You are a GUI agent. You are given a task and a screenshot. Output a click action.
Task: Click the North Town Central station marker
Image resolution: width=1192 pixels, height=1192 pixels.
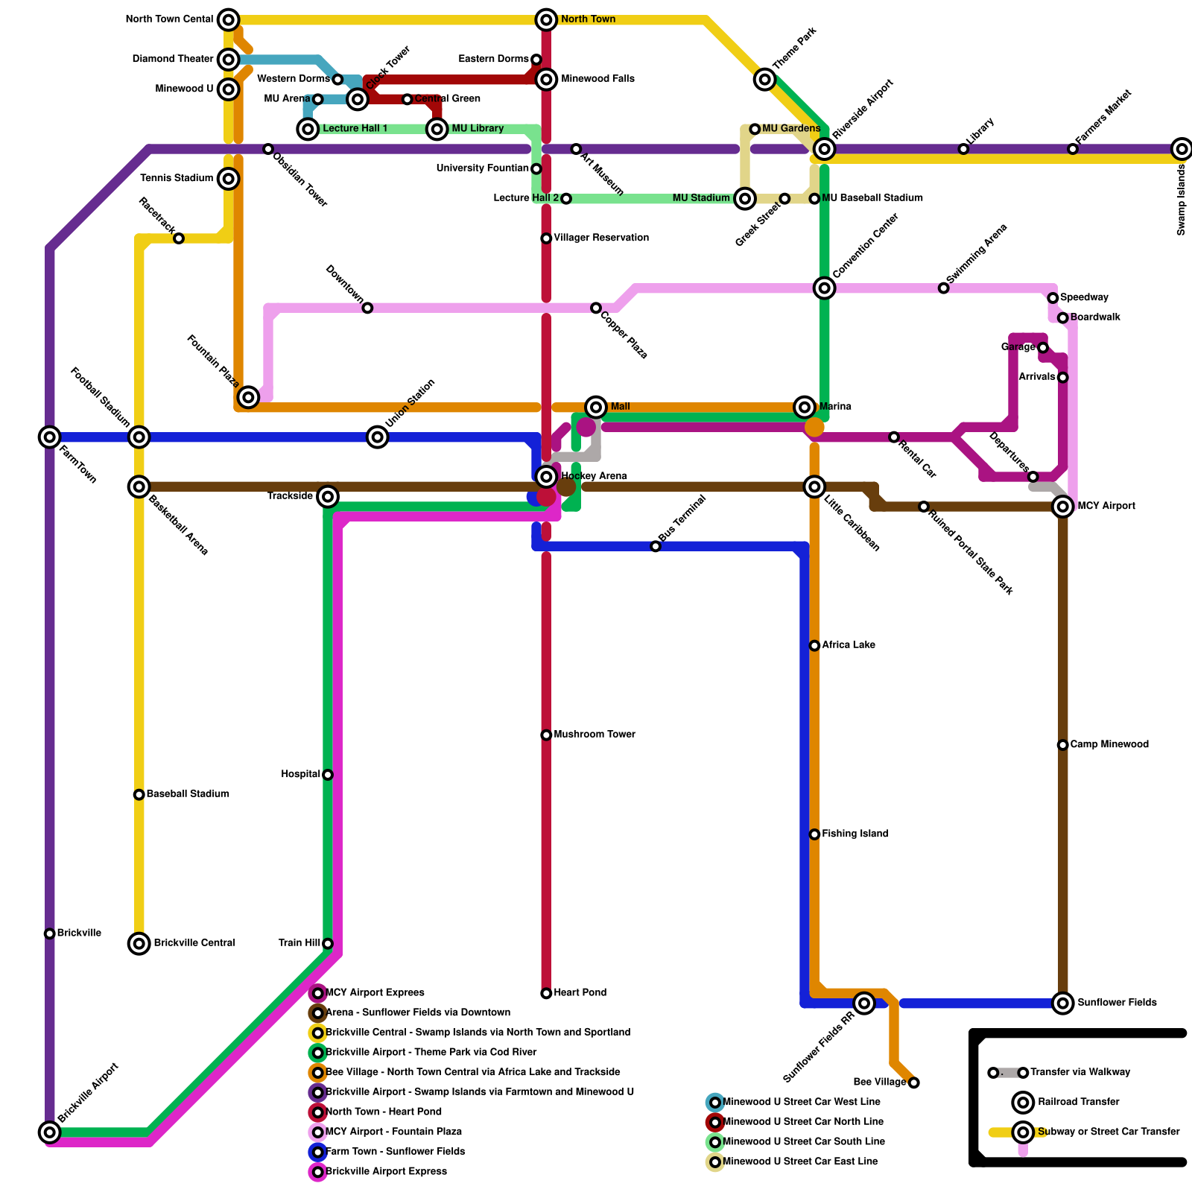[229, 19]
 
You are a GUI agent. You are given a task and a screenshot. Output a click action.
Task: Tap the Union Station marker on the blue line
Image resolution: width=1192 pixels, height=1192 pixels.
[378, 437]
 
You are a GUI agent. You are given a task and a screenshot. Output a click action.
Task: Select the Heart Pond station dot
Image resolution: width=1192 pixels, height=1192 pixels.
[546, 993]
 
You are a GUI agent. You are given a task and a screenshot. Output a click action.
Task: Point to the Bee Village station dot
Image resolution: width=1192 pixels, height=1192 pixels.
[913, 1082]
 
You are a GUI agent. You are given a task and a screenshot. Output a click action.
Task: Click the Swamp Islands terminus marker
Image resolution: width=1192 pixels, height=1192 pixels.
[1181, 149]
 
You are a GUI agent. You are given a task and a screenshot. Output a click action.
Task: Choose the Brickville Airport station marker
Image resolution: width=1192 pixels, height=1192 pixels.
[49, 1132]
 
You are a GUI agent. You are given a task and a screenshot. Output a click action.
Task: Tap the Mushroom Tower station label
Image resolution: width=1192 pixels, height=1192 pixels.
[594, 735]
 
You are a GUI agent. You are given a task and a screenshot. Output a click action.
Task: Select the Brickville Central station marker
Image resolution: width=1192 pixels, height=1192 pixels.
[139, 943]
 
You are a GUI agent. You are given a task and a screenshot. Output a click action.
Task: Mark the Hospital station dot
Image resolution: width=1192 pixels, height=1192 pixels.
[328, 775]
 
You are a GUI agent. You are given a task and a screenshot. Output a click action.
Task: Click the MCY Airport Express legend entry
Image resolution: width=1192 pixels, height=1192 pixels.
[375, 993]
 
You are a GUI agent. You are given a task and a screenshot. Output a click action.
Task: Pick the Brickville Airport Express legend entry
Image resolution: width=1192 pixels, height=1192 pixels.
[386, 1172]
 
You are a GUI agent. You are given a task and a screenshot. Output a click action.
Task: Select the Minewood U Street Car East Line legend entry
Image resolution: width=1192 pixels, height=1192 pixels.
[800, 1161]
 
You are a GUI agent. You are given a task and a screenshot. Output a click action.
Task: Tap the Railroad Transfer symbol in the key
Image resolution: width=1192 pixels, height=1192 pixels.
[1023, 1102]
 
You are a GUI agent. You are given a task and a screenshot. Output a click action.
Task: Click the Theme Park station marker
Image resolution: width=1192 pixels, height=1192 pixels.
[764, 79]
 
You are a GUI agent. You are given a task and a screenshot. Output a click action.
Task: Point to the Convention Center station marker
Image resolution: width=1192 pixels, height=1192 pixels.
[824, 288]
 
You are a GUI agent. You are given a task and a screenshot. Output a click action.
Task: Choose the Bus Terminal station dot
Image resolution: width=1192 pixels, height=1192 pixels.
[656, 546]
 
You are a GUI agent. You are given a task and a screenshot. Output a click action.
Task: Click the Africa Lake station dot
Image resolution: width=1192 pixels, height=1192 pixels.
[814, 645]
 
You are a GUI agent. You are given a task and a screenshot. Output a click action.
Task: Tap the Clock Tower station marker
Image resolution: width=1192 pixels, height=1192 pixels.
[358, 99]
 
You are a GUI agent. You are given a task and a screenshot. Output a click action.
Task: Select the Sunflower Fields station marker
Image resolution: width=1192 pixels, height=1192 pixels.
[1063, 1003]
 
